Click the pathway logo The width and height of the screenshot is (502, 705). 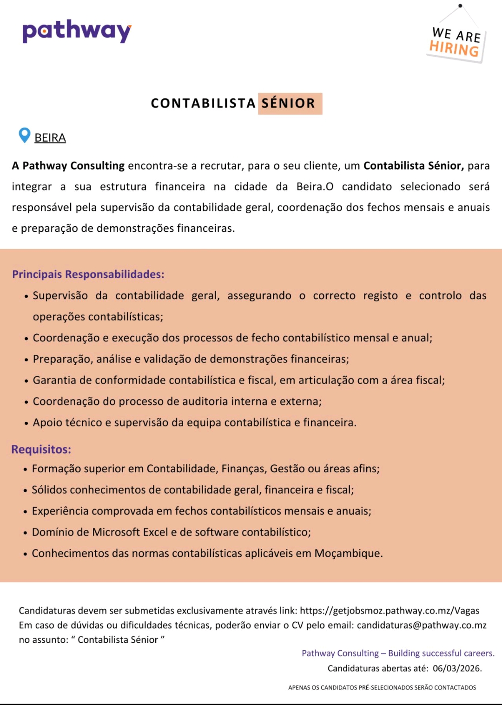pos(77,31)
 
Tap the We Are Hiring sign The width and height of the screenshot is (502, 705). pos(456,42)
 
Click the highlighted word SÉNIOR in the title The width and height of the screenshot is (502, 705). pos(289,103)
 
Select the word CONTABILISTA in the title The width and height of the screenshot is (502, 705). pos(203,103)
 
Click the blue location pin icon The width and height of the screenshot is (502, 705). pos(24,135)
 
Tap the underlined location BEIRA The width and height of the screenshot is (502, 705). pos(50,138)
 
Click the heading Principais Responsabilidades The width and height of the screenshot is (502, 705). pos(88,274)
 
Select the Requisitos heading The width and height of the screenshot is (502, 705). pos(41,450)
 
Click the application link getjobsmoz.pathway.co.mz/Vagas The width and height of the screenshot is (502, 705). pos(390,611)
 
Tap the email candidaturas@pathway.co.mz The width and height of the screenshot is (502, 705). pos(422,625)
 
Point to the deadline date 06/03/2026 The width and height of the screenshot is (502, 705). pos(457,668)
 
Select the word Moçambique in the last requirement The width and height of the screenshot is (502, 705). pos(348,554)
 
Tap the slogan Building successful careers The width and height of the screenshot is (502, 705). pos(441,653)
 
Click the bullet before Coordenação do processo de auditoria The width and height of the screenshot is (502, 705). pos(26,402)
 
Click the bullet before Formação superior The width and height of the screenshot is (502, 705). pos(26,470)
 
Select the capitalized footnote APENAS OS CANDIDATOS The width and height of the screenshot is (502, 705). pos(382,687)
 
